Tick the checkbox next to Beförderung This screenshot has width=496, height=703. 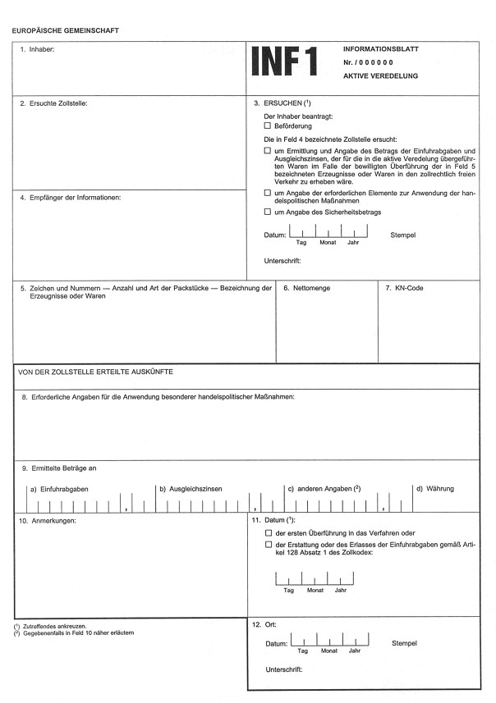coord(267,126)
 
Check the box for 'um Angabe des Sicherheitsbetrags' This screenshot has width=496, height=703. coord(267,212)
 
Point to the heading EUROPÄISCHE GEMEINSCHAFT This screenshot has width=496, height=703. coord(66,30)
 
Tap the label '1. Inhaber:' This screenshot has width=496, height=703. coord(37,50)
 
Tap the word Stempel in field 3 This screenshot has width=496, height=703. coord(403,235)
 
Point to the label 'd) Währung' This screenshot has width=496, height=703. coord(434,489)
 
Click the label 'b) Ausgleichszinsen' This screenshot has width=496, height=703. coord(191,489)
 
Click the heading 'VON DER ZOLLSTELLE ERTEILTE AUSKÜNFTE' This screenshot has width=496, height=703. coord(94,372)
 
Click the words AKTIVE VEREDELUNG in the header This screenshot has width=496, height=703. coord(381,75)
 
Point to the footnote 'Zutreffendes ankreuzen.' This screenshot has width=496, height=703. coord(63,627)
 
